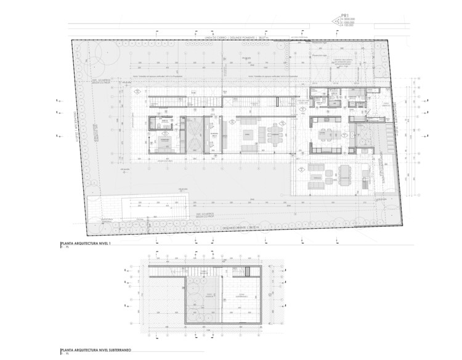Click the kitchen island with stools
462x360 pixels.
pos(325,132)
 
